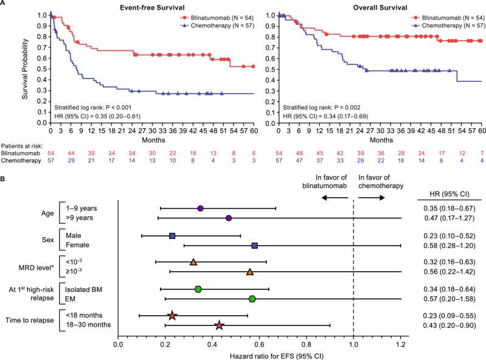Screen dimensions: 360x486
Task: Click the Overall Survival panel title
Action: pyautogui.click(x=377, y=5)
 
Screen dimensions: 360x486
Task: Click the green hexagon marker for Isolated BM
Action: pyautogui.click(x=198, y=289)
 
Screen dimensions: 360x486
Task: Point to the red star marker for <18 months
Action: pyautogui.click(x=172, y=315)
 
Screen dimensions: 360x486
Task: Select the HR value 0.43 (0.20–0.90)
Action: pyautogui.click(x=451, y=325)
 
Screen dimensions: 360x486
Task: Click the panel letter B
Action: pyautogui.click(x=4, y=180)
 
